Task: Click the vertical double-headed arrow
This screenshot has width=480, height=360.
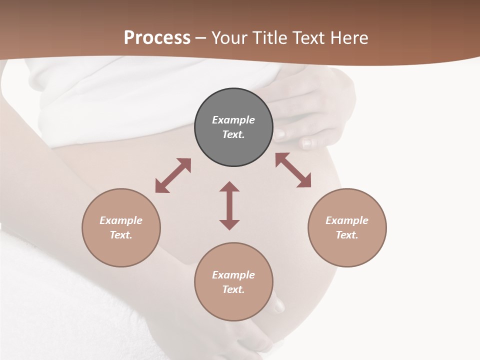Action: [229, 205]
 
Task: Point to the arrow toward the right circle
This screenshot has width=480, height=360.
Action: [293, 170]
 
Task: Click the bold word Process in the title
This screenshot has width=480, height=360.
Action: [157, 38]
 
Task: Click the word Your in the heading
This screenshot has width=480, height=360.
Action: [230, 38]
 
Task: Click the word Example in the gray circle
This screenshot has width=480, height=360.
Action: [233, 120]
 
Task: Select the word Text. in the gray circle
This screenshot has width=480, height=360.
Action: [233, 134]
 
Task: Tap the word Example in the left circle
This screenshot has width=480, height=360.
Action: [121, 220]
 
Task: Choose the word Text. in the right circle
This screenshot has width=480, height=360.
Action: [347, 235]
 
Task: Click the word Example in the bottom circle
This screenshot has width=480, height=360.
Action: [233, 275]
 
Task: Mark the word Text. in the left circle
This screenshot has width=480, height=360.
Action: [121, 235]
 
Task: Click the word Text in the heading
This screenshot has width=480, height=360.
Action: [308, 38]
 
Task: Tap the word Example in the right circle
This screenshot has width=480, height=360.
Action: [347, 220]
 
